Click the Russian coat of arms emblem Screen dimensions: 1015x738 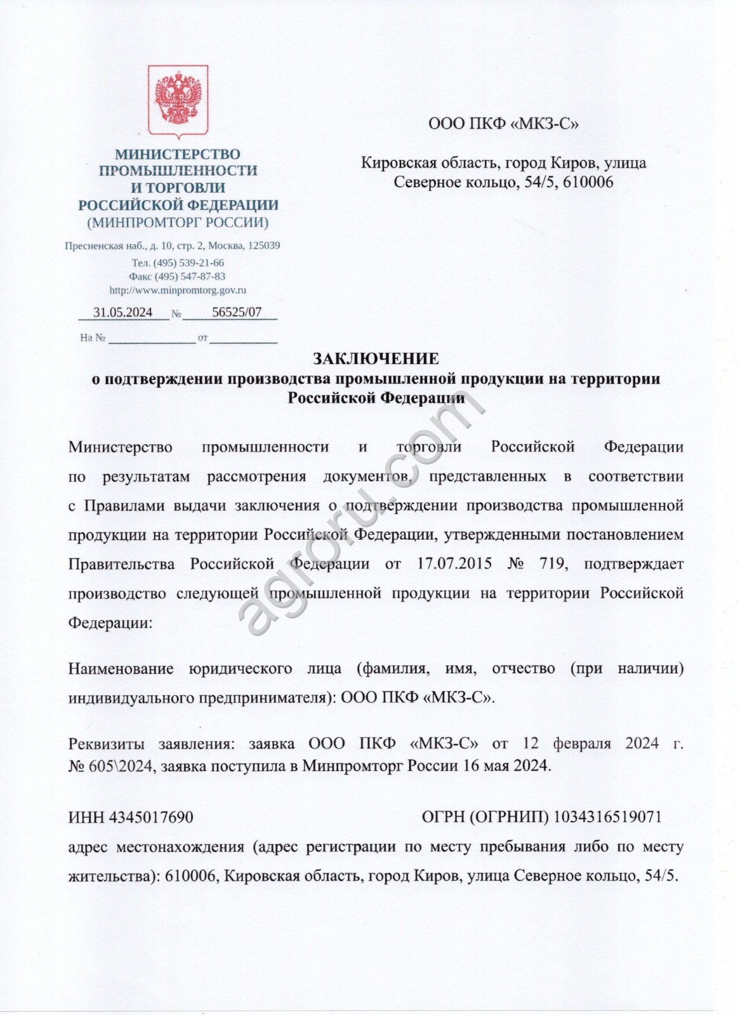178,102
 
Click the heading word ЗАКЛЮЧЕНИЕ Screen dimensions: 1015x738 376,359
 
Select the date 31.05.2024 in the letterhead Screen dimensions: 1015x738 122,312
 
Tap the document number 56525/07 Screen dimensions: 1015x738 236,312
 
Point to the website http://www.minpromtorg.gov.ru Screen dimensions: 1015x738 178,290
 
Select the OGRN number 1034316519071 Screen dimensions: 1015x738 608,817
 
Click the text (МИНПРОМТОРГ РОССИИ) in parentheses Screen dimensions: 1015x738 178,223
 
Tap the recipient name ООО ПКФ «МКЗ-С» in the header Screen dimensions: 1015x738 504,124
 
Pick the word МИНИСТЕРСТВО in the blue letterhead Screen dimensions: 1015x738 178,154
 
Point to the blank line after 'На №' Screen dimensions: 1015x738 152,339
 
